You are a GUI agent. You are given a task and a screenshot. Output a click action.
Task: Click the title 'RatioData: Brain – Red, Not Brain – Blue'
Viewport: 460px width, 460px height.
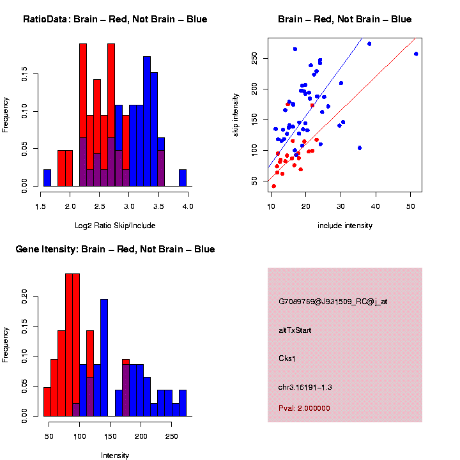point(115,19)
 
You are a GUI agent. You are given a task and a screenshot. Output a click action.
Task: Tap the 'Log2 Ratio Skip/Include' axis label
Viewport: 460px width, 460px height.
point(115,225)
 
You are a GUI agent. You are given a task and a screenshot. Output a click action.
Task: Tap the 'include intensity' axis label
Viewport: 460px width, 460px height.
point(345,226)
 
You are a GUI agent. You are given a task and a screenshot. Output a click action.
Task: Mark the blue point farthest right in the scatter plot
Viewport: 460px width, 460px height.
point(416,54)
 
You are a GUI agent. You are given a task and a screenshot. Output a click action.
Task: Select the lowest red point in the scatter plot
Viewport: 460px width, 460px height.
point(274,186)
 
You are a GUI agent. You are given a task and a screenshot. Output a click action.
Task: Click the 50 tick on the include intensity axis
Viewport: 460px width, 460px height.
point(410,206)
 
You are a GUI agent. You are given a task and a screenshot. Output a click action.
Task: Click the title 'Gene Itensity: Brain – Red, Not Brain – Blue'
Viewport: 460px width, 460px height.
point(115,249)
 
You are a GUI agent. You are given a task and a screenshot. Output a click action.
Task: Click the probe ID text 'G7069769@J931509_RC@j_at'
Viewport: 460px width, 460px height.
point(332,302)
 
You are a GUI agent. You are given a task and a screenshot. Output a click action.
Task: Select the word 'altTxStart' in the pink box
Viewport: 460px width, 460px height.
point(295,330)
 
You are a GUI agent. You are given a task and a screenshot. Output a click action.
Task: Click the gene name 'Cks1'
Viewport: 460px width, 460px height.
point(287,358)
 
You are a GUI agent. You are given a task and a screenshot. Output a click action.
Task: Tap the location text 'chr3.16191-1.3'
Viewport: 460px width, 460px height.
point(305,387)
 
